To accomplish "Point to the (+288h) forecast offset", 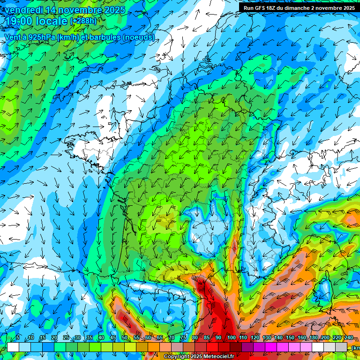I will [x=85, y=21].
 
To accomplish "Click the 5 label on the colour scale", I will [x=18, y=338].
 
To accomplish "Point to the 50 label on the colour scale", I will [x=125, y=338].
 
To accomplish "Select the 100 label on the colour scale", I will [x=232, y=338].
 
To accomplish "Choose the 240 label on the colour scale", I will [x=349, y=338].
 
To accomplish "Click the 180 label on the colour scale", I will [x=314, y=338].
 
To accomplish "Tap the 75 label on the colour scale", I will [x=183, y=338].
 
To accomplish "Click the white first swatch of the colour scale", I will [x=13, y=347].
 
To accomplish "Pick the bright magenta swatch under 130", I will [x=270, y=347].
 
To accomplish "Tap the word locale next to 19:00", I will [x=50, y=21].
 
